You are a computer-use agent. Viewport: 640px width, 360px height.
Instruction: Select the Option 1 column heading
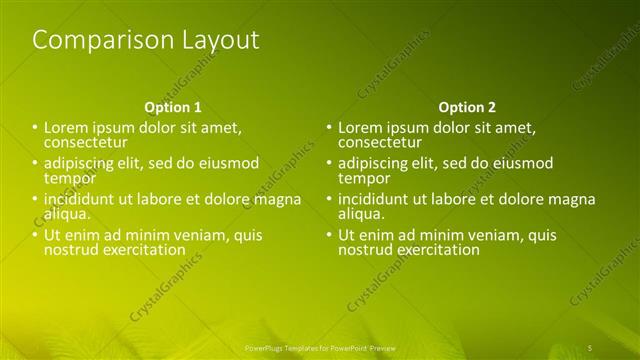pos(173,107)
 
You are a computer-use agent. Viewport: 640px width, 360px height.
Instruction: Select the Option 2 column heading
pos(467,107)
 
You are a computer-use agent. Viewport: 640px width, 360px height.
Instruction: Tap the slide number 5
pos(590,346)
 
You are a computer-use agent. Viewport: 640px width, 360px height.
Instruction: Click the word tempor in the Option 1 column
pos(65,178)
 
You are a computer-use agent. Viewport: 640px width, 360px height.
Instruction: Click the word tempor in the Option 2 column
pos(359,178)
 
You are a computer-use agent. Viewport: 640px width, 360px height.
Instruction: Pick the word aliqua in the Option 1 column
pos(67,214)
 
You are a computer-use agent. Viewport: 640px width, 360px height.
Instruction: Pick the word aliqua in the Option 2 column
pos(361,214)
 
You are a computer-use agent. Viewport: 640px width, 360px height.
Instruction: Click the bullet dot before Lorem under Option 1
pos(34,128)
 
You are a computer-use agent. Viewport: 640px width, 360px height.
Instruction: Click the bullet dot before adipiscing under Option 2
pos(328,164)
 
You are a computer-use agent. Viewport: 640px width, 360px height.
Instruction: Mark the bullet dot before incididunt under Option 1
pos(34,199)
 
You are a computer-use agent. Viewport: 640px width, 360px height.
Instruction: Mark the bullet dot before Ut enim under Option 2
pos(328,235)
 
